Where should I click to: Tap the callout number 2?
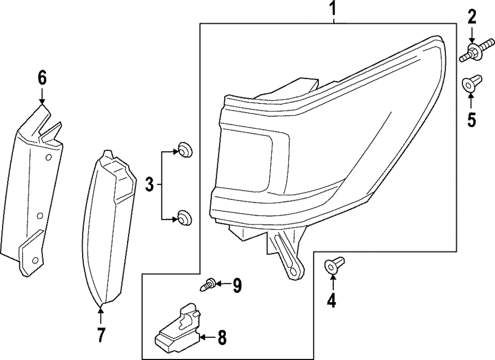471,18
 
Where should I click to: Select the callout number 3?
149,185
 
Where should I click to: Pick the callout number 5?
471,119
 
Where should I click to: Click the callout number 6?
42,77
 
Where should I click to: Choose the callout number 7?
101,335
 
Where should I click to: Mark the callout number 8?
221,338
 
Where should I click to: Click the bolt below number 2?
471,51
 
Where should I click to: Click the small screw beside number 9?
207,284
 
